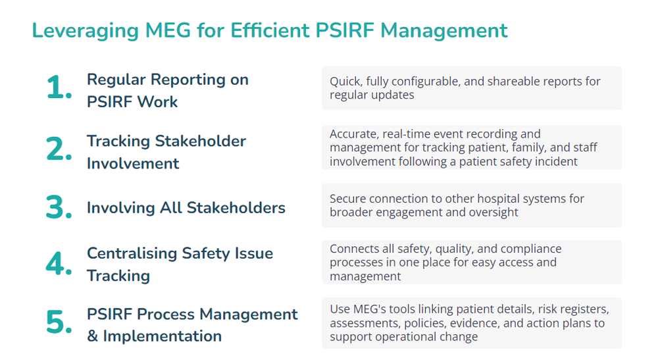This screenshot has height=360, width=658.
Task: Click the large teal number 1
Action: [x=59, y=89]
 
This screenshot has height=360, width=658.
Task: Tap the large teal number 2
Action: [x=59, y=151]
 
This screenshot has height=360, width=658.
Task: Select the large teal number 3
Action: [x=59, y=208]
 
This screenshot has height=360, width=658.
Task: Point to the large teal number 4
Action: [x=59, y=264]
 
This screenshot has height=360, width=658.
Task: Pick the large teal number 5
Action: [x=59, y=324]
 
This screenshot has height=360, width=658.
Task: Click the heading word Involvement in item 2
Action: [x=133, y=163]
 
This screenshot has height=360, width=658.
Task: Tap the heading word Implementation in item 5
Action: [x=163, y=336]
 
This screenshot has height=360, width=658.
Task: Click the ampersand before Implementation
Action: [x=93, y=336]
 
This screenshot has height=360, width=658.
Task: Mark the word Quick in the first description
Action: [x=345, y=82]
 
